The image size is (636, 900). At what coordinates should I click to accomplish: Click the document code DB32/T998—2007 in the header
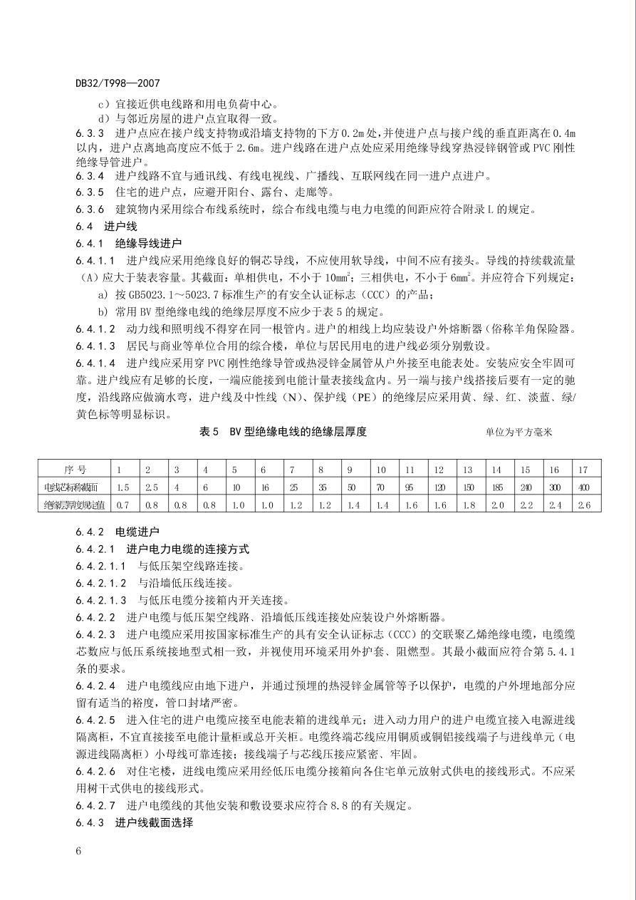112,83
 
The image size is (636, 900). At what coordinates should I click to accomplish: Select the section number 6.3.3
90,133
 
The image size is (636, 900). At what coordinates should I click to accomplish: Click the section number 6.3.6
90,209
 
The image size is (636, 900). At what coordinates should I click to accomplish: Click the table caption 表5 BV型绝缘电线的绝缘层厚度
283,432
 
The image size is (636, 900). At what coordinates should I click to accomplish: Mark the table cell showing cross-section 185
496,487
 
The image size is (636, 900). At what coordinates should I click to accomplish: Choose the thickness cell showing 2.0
496,505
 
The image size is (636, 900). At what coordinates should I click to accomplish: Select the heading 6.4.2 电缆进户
118,532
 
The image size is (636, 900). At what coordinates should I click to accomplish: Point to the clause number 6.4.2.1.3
101,600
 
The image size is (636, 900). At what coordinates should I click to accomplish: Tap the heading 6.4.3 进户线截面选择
134,822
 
